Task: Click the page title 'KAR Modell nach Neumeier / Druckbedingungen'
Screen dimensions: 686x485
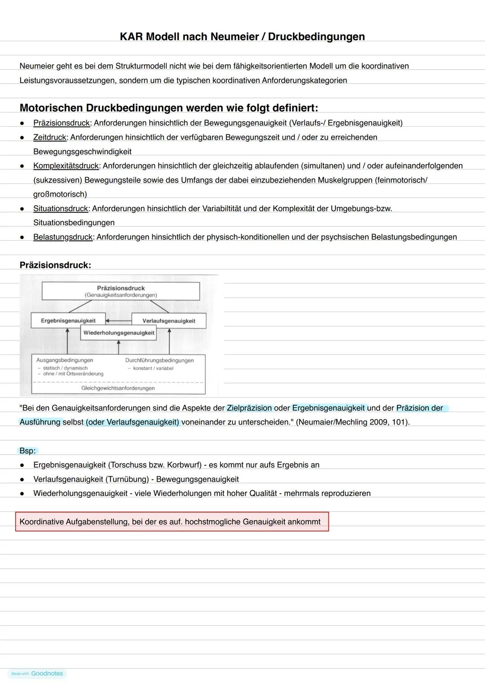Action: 242,37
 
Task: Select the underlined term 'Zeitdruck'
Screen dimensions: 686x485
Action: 50,137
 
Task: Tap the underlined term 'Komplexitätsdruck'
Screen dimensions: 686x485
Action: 66,166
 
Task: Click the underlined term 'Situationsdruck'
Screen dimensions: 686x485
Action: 61,208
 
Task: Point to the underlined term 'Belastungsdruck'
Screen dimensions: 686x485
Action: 63,237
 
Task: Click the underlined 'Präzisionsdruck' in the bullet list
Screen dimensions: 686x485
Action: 62,123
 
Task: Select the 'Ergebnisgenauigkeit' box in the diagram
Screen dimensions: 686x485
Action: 68,321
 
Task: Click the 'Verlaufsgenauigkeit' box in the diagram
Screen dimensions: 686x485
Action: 169,321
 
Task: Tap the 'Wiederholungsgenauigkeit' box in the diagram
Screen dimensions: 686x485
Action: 119,333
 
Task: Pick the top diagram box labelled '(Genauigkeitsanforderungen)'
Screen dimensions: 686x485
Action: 121,292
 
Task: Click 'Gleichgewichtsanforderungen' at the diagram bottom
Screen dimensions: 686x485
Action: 118,388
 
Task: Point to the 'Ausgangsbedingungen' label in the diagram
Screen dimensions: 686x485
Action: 65,360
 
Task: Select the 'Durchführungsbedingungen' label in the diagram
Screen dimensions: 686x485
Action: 159,360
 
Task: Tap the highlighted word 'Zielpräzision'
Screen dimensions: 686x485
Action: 249,408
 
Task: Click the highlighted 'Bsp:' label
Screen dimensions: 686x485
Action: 27,451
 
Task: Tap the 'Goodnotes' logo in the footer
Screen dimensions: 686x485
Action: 47,673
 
